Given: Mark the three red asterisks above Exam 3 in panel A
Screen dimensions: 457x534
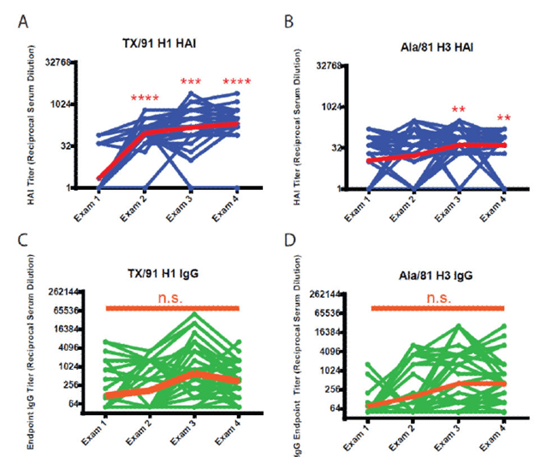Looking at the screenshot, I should (x=193, y=82).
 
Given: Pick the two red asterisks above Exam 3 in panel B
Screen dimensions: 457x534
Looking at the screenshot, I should (x=459, y=110).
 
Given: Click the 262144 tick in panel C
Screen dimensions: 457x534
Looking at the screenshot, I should (x=61, y=292).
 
